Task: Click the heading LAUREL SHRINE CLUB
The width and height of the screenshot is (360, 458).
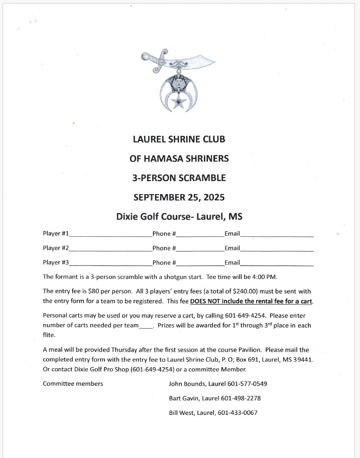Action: (x=179, y=139)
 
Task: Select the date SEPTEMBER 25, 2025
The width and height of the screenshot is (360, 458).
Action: (x=179, y=197)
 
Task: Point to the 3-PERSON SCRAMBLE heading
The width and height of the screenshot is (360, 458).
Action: (x=179, y=178)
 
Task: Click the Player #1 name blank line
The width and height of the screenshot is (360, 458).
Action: (x=110, y=235)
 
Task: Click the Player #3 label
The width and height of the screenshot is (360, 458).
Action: (x=56, y=262)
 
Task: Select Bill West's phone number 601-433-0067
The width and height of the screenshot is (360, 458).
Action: (x=237, y=413)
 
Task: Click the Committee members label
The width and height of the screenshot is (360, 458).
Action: (x=73, y=384)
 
